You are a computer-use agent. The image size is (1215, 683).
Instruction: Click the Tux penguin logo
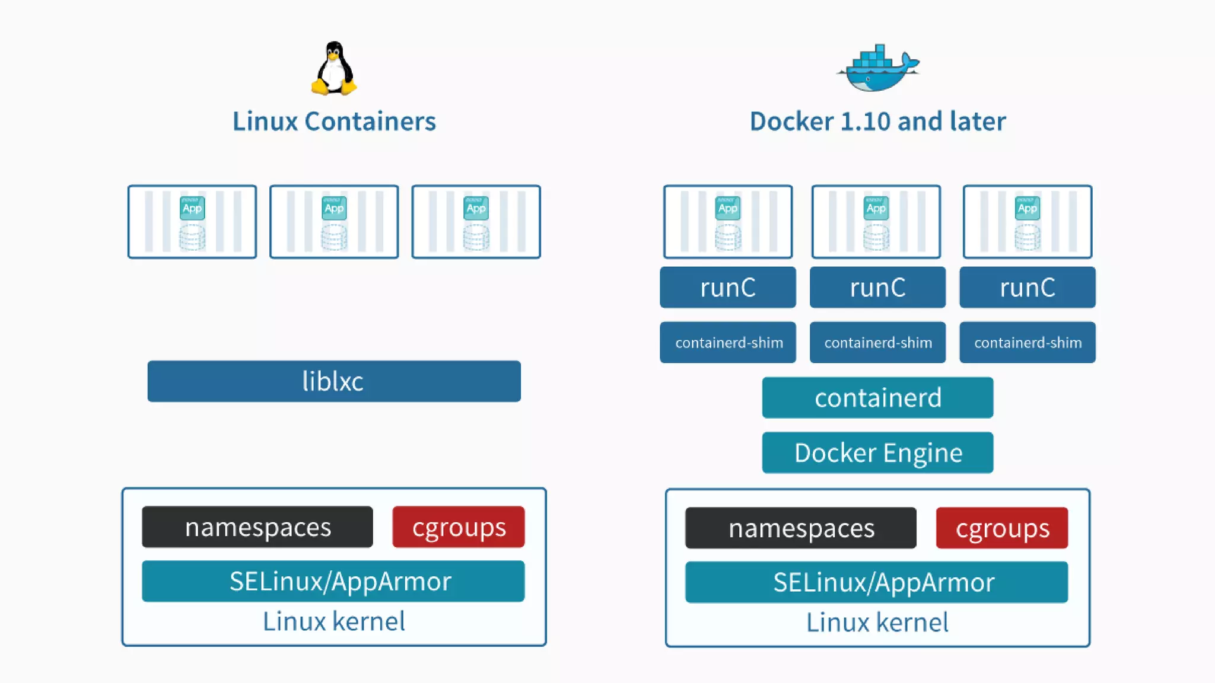point(334,68)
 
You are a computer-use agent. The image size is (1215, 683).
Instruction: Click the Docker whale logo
point(878,68)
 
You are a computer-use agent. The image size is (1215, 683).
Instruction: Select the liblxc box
point(334,381)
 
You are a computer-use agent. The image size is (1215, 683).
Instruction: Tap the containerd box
point(877,398)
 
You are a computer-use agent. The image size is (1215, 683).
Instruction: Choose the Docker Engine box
point(877,452)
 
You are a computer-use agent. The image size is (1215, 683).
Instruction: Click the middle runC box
point(877,288)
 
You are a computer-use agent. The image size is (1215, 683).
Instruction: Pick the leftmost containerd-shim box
point(728,342)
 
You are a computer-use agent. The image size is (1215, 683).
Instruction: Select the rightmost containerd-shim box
point(1028,342)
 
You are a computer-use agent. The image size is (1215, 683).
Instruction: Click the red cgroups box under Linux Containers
point(459,526)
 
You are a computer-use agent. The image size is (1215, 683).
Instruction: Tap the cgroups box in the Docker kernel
point(1002,528)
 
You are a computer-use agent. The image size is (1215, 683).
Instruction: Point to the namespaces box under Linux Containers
point(257,526)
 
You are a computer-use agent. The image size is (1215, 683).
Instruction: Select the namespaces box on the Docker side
point(801,528)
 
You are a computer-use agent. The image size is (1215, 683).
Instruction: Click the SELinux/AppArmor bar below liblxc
point(333,581)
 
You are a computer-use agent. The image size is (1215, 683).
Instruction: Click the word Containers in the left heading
point(370,121)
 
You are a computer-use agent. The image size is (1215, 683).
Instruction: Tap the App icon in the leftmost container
point(192,208)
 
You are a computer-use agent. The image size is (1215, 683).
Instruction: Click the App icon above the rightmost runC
point(1028,208)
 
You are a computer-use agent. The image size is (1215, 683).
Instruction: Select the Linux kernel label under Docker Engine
point(877,623)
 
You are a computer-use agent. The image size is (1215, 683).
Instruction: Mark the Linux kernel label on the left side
point(334,621)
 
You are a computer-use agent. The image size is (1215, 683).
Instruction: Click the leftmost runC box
point(728,288)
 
